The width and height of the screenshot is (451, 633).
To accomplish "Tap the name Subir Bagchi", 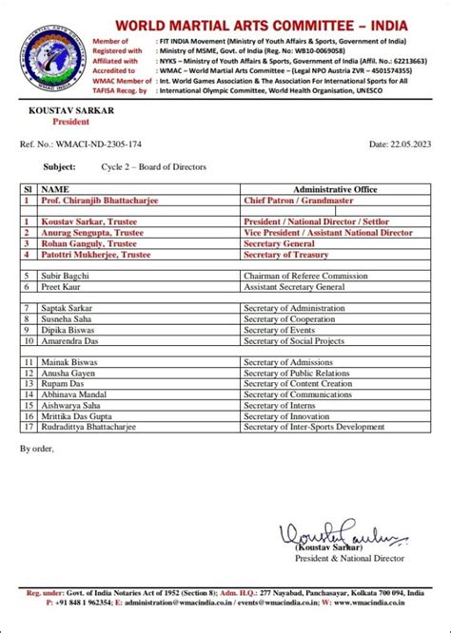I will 64,276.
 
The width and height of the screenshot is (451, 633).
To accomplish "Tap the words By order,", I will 37,448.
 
